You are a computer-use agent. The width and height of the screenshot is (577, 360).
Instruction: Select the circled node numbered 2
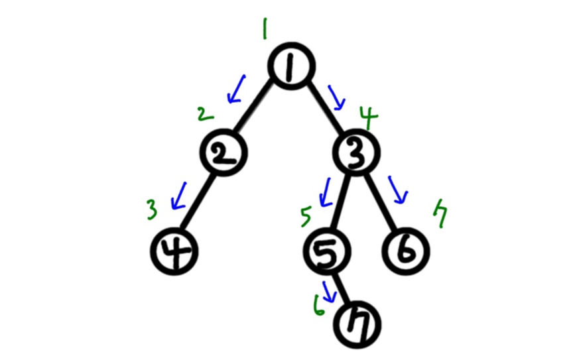click(x=222, y=154)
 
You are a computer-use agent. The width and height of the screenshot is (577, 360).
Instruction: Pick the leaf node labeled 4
click(x=174, y=253)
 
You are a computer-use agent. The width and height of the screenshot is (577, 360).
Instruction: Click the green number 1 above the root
click(x=264, y=29)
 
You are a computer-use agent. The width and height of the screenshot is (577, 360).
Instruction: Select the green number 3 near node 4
click(x=153, y=211)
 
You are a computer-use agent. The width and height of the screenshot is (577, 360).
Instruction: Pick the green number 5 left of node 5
click(x=306, y=215)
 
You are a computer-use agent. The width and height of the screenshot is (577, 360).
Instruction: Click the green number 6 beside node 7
click(x=320, y=306)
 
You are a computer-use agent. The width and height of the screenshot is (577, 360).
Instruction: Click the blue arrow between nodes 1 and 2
click(x=235, y=90)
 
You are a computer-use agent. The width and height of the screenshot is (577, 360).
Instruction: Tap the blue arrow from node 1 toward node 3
click(x=336, y=97)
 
